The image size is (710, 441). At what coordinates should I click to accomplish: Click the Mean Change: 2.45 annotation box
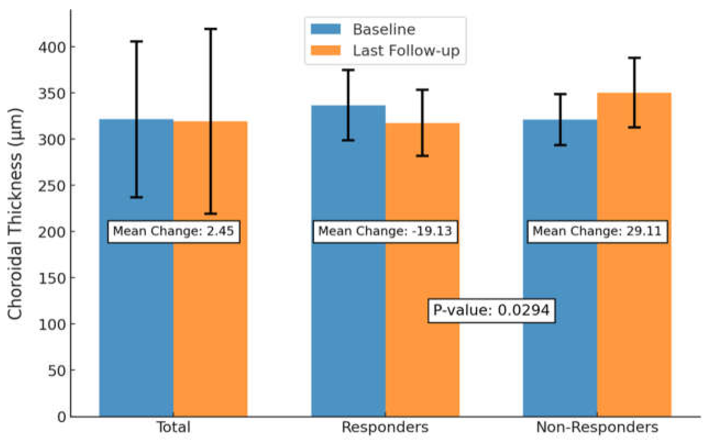tap(174, 231)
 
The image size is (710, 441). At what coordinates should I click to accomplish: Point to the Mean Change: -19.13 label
tap(385, 231)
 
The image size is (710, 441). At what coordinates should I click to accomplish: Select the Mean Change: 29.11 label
tap(597, 231)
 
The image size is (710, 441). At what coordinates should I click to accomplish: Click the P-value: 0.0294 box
tap(491, 310)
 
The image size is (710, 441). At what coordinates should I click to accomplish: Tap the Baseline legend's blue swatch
tap(325, 29)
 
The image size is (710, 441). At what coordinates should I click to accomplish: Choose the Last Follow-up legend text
tap(406, 51)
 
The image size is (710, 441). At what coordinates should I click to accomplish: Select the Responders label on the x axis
tap(385, 427)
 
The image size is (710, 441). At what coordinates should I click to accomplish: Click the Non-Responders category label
tap(597, 427)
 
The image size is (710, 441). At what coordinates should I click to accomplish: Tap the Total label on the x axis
tap(174, 427)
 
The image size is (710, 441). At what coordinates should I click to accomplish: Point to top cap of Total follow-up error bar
tap(211, 29)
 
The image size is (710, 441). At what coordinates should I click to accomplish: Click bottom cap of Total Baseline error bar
tap(136, 197)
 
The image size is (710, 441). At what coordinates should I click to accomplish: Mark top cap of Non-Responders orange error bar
tap(634, 58)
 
